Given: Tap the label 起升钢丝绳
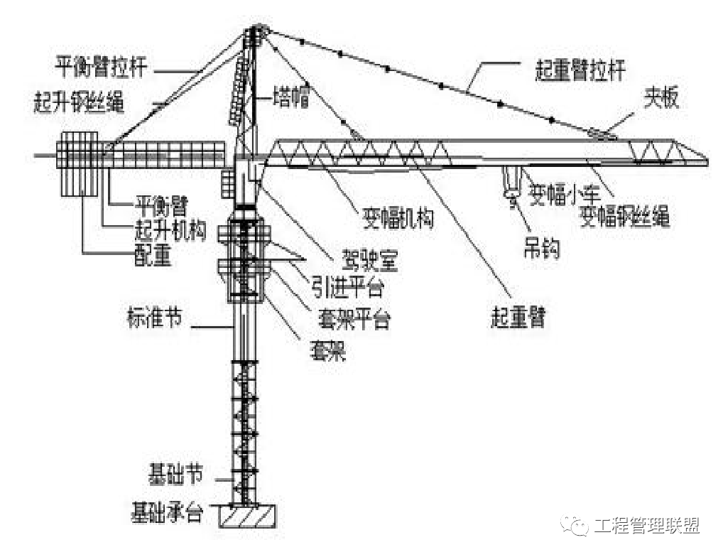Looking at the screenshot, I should [79, 103].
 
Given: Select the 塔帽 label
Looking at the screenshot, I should [291, 98].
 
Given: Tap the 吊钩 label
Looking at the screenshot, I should [540, 248].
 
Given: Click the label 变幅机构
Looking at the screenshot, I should [397, 219].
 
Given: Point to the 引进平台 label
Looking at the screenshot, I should [347, 288].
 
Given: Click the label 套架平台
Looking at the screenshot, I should [354, 319].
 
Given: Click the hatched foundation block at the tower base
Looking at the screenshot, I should [248, 516].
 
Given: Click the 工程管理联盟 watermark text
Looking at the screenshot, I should [647, 526].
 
